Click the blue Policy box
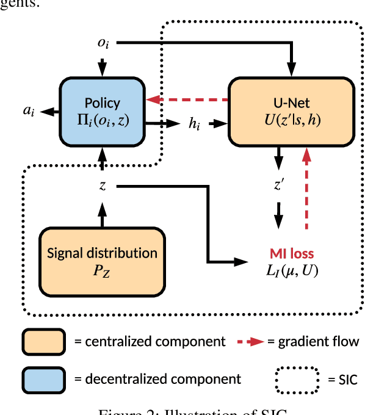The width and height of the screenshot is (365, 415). pos(102,110)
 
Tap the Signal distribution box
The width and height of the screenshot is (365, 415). pos(103,260)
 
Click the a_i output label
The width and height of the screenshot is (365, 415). pos(29,110)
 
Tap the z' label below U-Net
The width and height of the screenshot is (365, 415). pos(278,184)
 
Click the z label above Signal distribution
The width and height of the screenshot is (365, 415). pos(102,185)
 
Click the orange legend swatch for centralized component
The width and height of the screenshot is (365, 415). pos(44,342)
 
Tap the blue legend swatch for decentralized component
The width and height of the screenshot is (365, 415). pos(44,378)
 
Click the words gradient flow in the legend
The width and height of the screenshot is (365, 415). pos(319,342)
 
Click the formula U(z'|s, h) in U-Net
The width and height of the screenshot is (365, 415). pos(291,119)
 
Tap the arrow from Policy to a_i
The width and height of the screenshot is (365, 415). pos(49,110)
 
